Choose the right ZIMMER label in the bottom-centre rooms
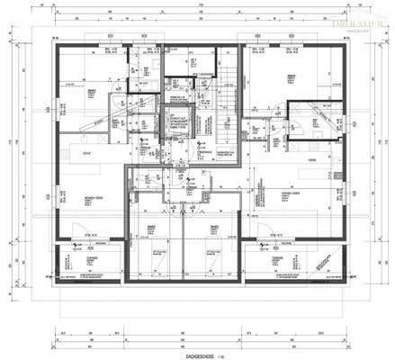coord(214,227)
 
